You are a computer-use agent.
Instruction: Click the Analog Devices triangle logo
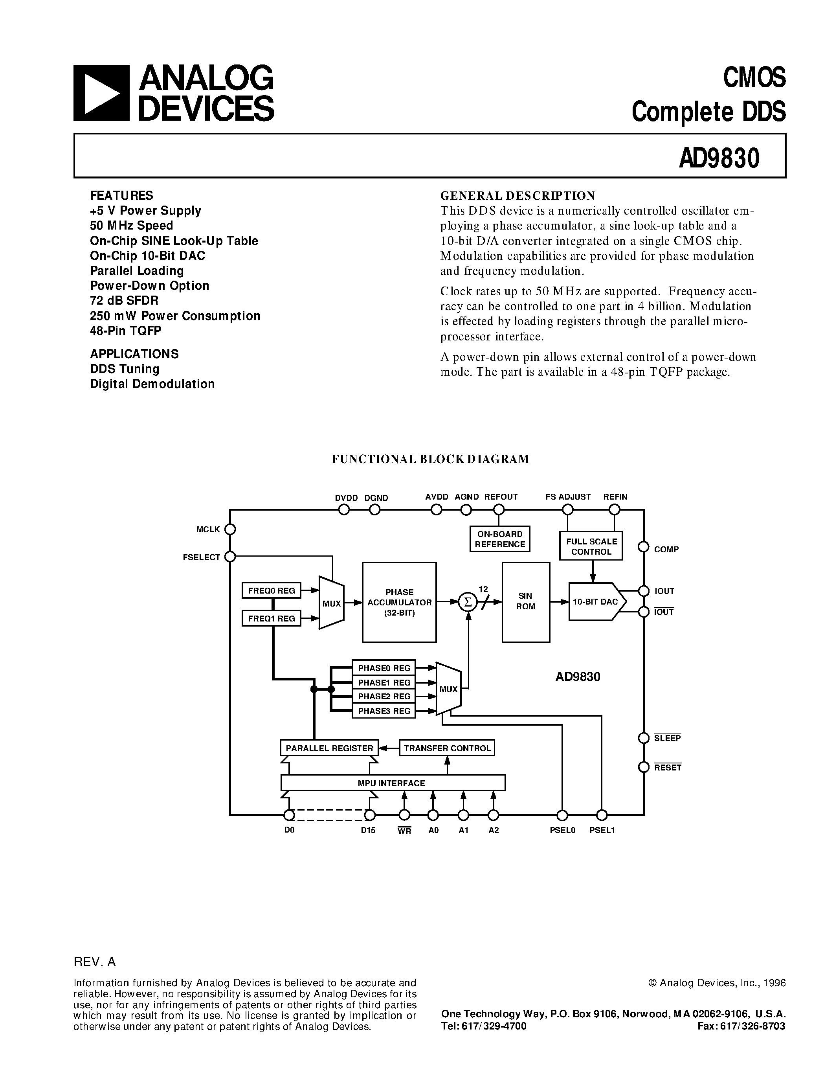pos(101,93)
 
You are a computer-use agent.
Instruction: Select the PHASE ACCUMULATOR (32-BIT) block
pos(399,602)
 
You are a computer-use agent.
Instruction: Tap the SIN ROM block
pos(525,602)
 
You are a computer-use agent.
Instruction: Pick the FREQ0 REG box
pos(271,590)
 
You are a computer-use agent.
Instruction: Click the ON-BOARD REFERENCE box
pos(499,539)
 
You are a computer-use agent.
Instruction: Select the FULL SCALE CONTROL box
pos(591,546)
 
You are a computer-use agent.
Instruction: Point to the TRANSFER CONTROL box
pos(447,748)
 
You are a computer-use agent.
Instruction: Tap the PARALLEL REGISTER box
pos(329,748)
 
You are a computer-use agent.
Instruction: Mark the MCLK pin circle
pos(229,529)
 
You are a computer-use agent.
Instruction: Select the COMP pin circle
pos(644,547)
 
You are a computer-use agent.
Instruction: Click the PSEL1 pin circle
pos(602,815)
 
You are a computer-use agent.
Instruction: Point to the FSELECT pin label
pos(201,557)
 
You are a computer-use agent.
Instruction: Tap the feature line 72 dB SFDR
pos(124,300)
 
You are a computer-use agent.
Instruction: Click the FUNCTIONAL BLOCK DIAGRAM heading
pos(430,459)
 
